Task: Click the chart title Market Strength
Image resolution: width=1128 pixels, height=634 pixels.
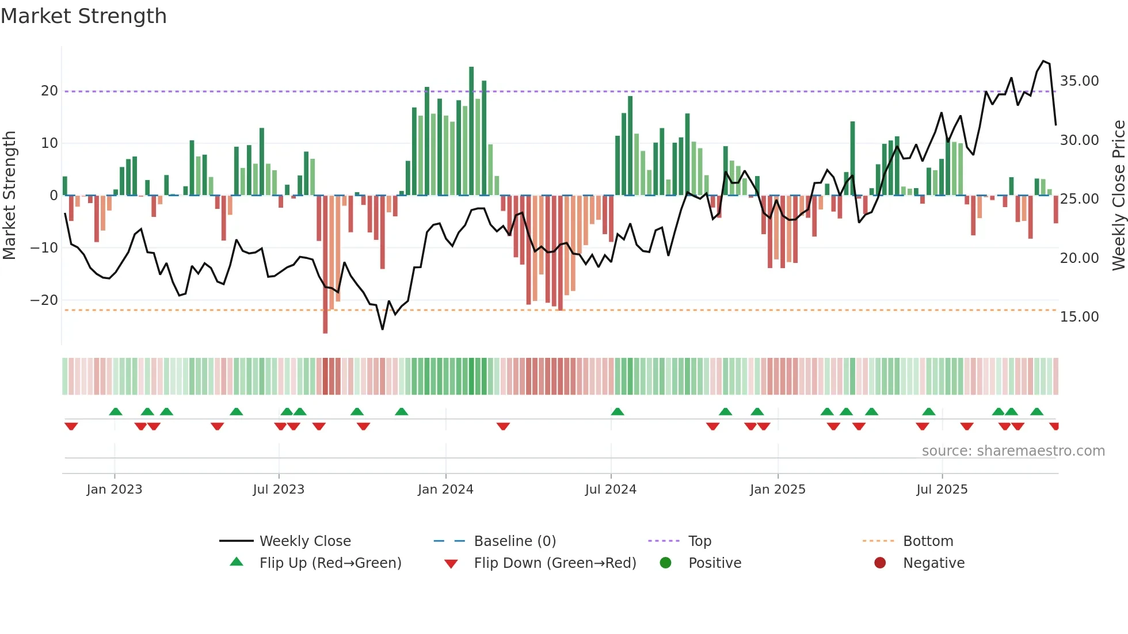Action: pyautogui.click(x=83, y=16)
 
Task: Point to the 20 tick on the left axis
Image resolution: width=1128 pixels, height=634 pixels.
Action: pyautogui.click(x=49, y=91)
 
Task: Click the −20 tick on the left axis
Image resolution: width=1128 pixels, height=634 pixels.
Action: pyautogui.click(x=44, y=300)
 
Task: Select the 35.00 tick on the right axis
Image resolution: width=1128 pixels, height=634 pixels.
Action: pyautogui.click(x=1079, y=81)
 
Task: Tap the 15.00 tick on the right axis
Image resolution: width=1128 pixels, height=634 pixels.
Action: pyautogui.click(x=1079, y=317)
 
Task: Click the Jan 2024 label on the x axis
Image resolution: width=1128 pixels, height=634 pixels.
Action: pyautogui.click(x=445, y=490)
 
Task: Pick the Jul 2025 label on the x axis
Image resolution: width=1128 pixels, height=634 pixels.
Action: pyautogui.click(x=942, y=490)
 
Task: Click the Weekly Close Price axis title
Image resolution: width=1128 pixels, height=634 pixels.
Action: pyautogui.click(x=1118, y=196)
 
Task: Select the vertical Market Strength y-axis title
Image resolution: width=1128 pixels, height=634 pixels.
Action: pyautogui.click(x=9, y=196)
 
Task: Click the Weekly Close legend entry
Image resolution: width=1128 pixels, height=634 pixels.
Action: pyautogui.click(x=304, y=541)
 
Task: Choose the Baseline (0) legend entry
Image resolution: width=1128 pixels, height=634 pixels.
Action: pyautogui.click(x=515, y=541)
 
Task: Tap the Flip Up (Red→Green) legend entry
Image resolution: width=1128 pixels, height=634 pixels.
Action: pyautogui.click(x=330, y=563)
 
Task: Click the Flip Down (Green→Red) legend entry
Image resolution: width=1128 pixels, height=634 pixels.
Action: pyautogui.click(x=555, y=563)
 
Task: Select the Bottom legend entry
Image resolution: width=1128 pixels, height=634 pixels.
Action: pyautogui.click(x=928, y=541)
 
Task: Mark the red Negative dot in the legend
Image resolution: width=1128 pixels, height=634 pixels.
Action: pyautogui.click(x=880, y=563)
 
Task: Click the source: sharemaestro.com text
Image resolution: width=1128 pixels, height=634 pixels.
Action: pyautogui.click(x=1013, y=451)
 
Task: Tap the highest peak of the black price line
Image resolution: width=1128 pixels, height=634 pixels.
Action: pyautogui.click(x=1043, y=61)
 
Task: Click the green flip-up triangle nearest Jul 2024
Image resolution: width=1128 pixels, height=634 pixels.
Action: pyautogui.click(x=618, y=412)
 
